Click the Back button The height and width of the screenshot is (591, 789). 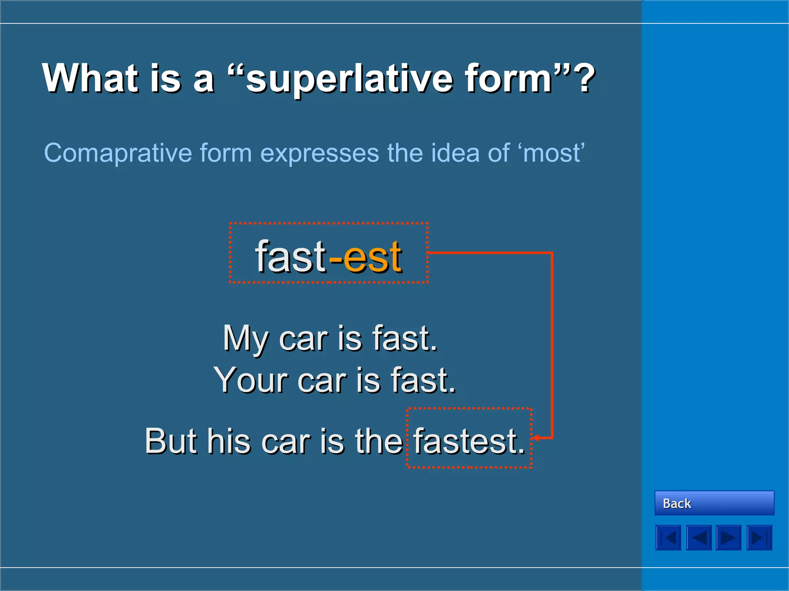click(x=714, y=503)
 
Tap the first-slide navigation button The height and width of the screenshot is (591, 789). click(x=668, y=538)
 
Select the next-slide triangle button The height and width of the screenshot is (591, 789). click(x=728, y=538)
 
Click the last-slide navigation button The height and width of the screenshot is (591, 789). click(x=759, y=538)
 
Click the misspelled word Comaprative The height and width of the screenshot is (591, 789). click(x=118, y=153)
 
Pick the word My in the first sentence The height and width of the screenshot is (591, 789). click(x=245, y=339)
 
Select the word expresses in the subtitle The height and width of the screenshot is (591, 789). click(x=320, y=153)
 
